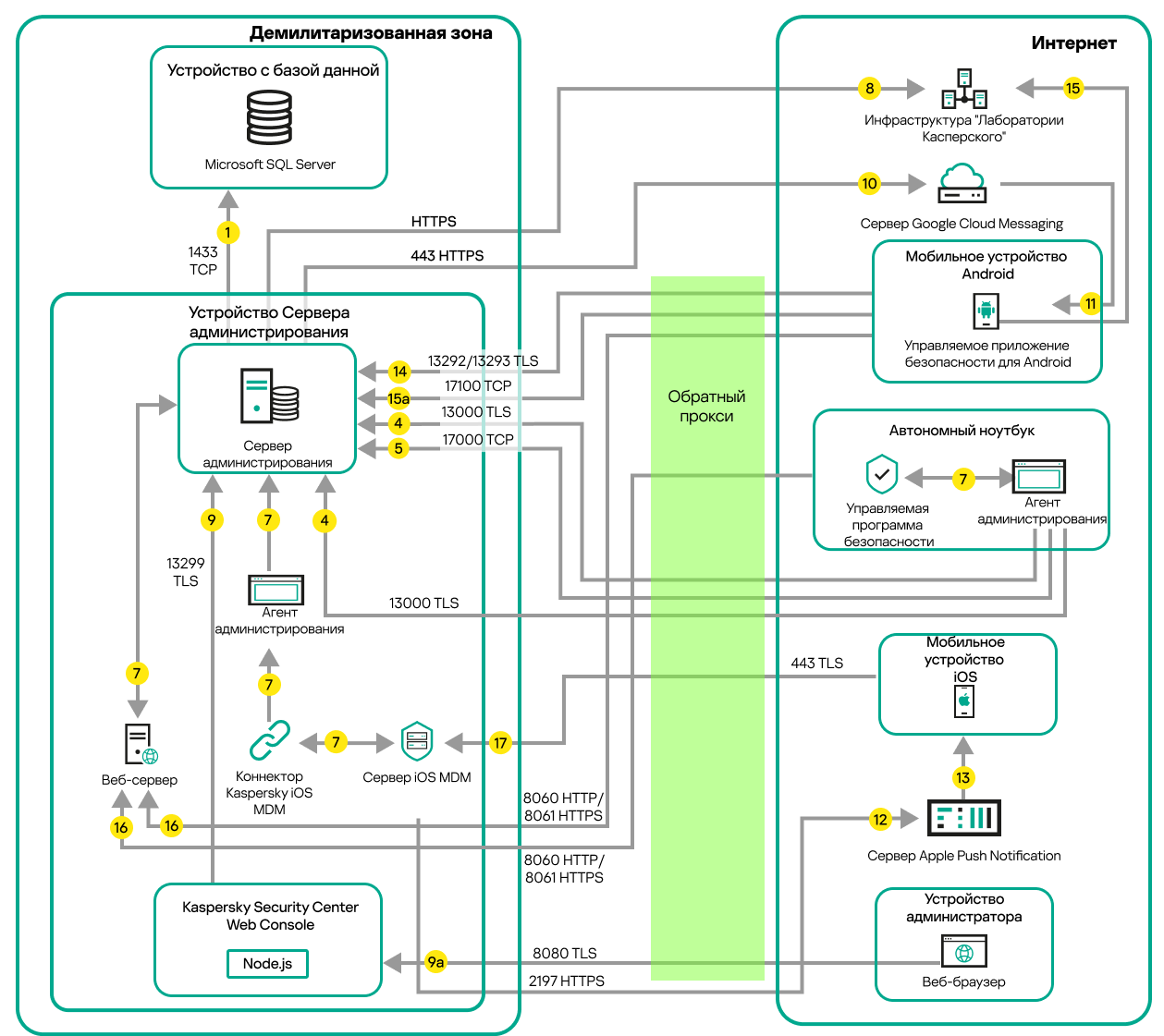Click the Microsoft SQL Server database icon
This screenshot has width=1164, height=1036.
269,117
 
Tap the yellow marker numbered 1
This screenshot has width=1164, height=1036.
227,232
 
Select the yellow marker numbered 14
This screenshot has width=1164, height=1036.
399,372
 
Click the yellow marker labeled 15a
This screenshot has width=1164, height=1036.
398,398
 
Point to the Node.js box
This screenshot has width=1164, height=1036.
267,963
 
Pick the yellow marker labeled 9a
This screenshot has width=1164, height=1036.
435,962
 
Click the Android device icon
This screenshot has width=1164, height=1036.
986,311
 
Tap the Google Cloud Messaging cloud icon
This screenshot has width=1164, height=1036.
962,183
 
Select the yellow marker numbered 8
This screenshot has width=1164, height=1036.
869,89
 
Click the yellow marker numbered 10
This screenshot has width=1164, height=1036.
869,183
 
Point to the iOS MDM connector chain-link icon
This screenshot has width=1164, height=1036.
269,740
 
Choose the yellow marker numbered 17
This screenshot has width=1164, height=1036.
500,742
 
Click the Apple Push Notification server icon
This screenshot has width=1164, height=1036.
963,818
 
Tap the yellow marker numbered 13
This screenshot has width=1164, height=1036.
963,777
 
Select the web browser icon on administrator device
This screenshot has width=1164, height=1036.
964,952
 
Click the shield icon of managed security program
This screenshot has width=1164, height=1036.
882,474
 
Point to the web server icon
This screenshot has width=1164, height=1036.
141,744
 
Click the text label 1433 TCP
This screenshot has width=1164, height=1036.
203,261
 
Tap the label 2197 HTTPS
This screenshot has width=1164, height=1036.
567,981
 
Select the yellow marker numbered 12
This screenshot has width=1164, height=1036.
880,819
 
